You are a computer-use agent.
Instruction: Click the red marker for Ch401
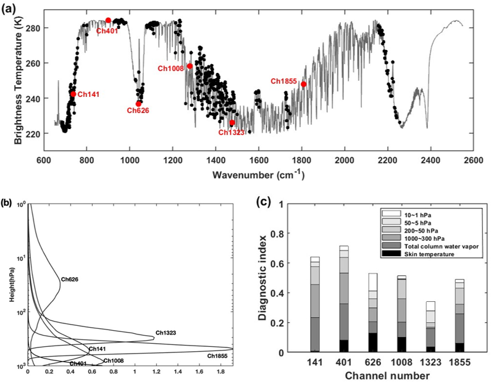pyautogui.click(x=108, y=20)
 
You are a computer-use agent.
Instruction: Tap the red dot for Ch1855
pyautogui.click(x=303, y=84)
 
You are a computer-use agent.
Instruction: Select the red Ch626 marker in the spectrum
pyautogui.click(x=138, y=104)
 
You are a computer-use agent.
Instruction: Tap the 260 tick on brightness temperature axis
pyautogui.click(x=33, y=63)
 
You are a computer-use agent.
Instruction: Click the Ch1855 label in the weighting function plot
pyautogui.click(x=218, y=356)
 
